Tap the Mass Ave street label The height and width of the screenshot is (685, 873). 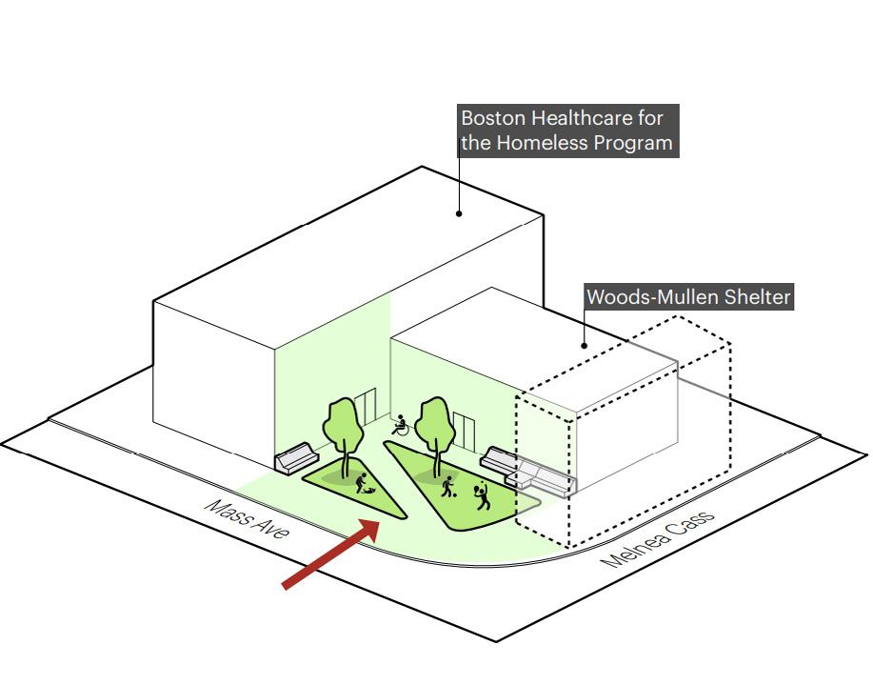click(x=247, y=519)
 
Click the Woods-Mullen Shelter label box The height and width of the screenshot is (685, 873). click(x=688, y=297)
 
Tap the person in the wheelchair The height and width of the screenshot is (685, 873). click(x=401, y=425)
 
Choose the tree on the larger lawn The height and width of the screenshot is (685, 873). click(x=433, y=426)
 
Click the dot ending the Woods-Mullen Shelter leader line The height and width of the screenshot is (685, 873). click(x=585, y=346)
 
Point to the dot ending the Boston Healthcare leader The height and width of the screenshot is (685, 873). click(x=459, y=213)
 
